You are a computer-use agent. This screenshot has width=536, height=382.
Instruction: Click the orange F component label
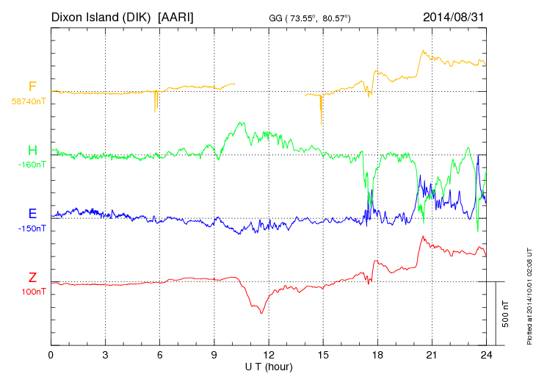32,87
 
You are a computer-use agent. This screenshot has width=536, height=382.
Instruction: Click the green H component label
32,151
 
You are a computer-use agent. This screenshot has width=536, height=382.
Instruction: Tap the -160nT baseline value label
32,165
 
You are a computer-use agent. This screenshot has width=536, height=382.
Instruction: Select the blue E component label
32,215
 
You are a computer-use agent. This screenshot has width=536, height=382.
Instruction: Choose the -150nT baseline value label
32,228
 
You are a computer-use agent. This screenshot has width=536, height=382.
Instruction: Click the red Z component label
32,278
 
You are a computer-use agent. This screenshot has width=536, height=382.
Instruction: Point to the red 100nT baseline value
33,292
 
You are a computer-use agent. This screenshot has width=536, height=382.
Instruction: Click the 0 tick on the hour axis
51,356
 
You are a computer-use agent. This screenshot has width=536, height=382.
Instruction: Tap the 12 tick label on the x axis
269,356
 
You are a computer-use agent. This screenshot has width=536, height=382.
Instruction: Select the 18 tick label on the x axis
377,356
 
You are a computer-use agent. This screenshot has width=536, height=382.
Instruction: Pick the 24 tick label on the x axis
486,356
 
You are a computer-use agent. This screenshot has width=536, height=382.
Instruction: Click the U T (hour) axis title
269,367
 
